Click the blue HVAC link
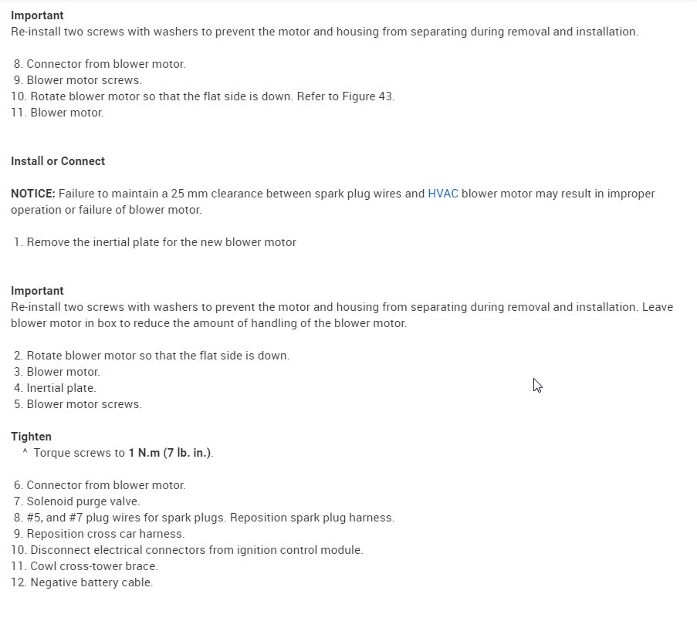(x=443, y=194)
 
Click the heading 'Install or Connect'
(x=58, y=161)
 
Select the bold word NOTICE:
(x=33, y=194)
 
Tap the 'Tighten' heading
(x=31, y=437)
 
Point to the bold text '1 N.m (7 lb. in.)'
(x=170, y=453)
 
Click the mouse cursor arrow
(x=537, y=385)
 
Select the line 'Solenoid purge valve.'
(x=83, y=501)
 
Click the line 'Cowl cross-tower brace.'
(x=94, y=566)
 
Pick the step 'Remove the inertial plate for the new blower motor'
(x=161, y=242)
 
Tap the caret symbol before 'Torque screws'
(x=25, y=453)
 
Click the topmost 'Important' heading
(x=37, y=15)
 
